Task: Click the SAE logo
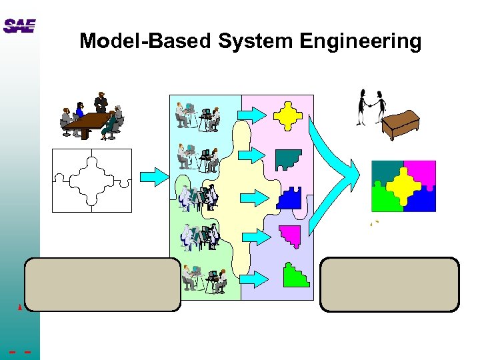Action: [x=19, y=26]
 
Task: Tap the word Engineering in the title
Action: [x=360, y=42]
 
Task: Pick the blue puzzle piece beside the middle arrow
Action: [x=289, y=197]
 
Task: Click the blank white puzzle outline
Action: [x=92, y=180]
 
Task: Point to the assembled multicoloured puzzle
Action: [x=403, y=186]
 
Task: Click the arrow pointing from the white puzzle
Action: [x=155, y=176]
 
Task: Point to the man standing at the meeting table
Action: [x=101, y=101]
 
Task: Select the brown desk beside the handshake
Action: [x=406, y=123]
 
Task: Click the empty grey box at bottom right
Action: [x=389, y=284]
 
